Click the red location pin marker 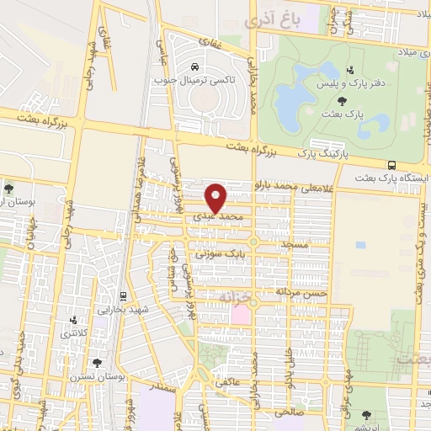(x=216, y=197)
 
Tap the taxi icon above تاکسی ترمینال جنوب (x=195, y=67)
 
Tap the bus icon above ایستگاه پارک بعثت (x=391, y=165)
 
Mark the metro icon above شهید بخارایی (x=123, y=296)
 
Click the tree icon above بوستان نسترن (x=98, y=364)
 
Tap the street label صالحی (x=287, y=414)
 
